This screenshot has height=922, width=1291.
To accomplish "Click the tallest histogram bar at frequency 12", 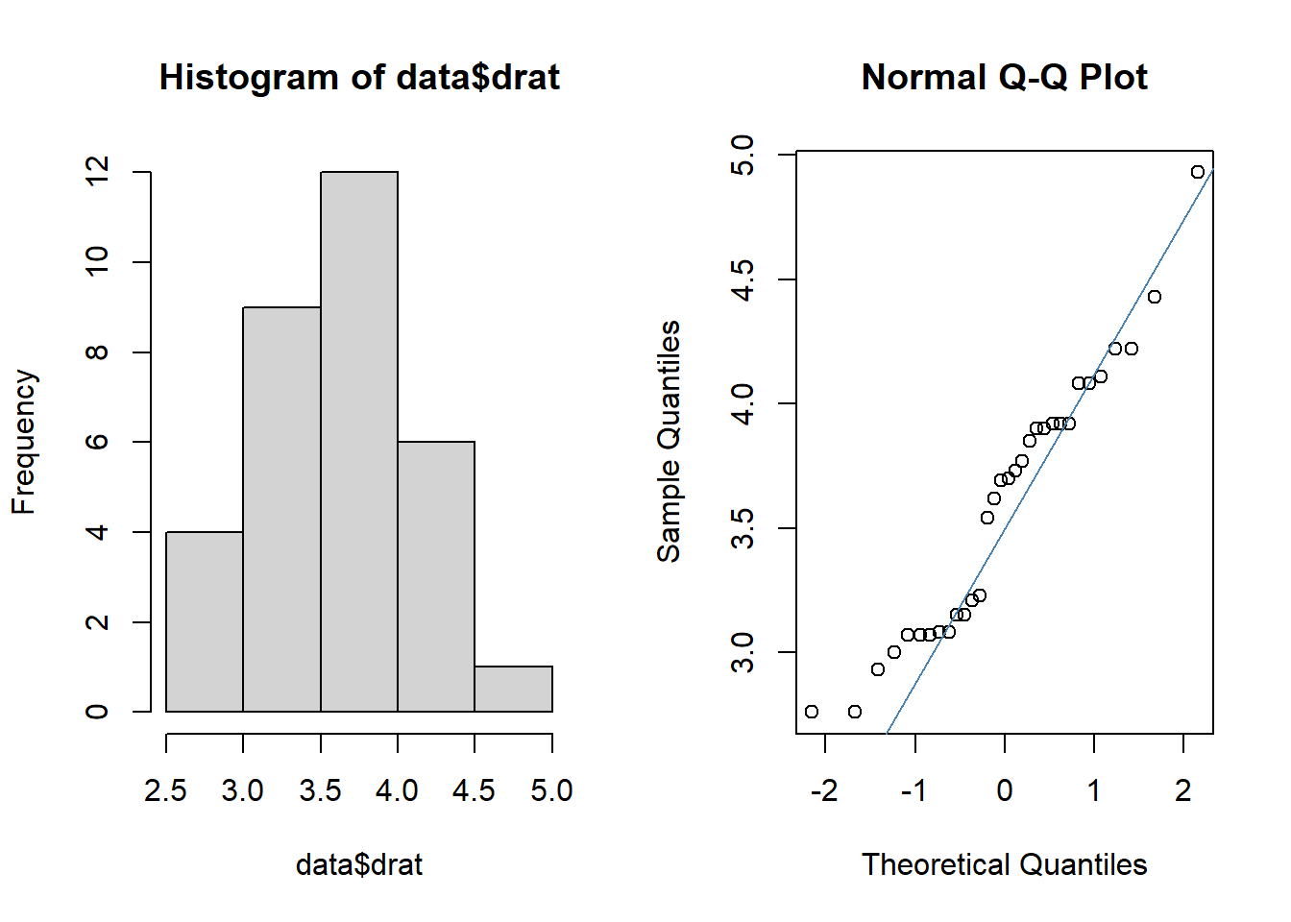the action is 359,442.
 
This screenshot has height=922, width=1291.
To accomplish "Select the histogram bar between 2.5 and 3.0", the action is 205,621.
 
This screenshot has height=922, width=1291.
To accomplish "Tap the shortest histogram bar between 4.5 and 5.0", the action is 514,690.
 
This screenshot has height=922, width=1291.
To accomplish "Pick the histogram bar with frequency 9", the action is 281,509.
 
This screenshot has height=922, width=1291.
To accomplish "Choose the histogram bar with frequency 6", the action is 436,577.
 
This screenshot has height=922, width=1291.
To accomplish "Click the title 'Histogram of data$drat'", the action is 359,77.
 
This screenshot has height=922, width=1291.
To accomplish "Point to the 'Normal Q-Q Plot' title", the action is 1005,77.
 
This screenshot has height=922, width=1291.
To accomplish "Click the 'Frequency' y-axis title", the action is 24,442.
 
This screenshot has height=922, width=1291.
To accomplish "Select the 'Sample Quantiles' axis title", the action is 669,442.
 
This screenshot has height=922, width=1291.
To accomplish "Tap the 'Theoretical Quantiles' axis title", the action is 1005,864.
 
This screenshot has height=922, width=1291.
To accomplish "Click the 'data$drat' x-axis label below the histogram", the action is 359,864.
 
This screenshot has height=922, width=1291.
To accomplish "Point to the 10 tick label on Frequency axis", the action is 97,261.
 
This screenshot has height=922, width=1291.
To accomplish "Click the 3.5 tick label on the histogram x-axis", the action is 321,790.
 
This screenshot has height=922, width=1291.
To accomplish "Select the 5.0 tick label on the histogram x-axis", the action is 552,790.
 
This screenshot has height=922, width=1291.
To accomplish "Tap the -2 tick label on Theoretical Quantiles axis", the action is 825,790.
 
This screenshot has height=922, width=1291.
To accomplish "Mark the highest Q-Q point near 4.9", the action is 1198,172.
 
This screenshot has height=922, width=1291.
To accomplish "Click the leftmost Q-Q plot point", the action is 812,712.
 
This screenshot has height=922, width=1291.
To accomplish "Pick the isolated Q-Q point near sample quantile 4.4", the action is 1155,297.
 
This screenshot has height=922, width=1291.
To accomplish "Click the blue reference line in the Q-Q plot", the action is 1050,451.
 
